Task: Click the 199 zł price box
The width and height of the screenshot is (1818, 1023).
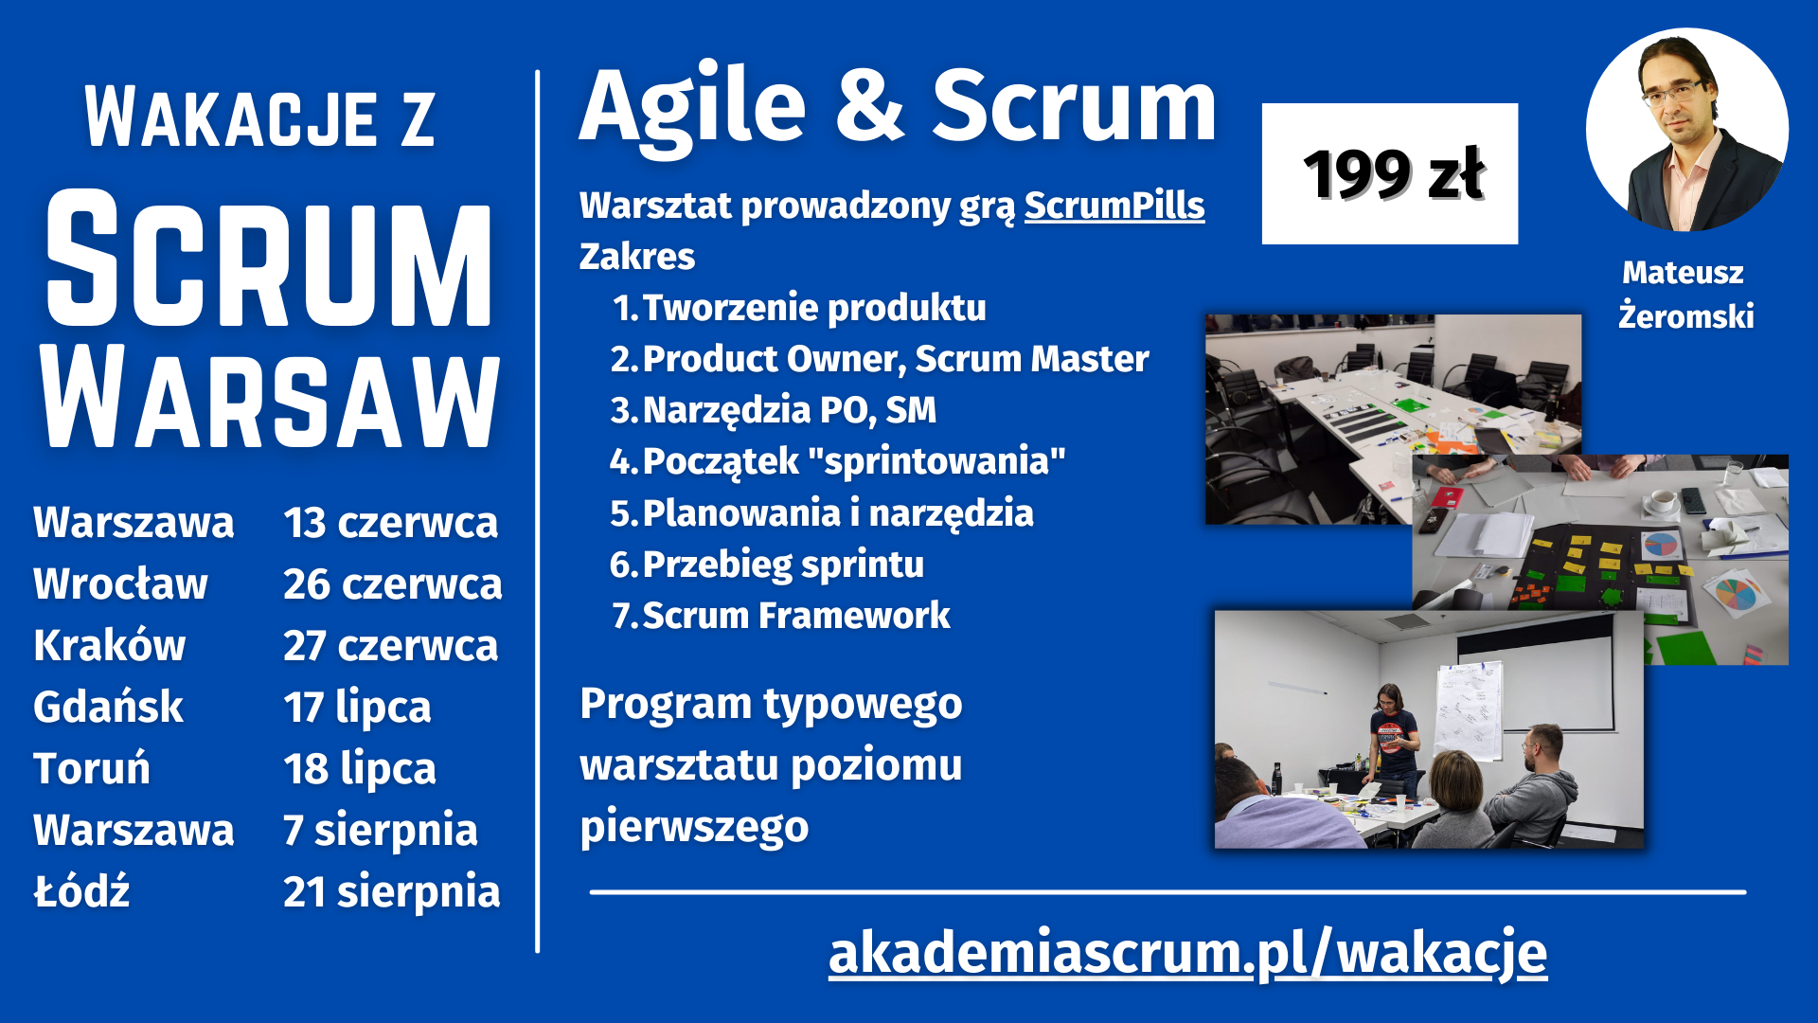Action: [x=1389, y=173]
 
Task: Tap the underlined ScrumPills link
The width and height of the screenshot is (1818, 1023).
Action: [x=1114, y=206]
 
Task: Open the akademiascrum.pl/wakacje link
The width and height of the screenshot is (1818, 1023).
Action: [x=1187, y=952]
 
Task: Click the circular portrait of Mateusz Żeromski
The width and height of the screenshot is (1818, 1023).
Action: [x=1686, y=130]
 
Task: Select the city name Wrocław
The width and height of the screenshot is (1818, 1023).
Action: [x=120, y=583]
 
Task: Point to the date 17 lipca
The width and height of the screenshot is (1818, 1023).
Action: [x=357, y=708]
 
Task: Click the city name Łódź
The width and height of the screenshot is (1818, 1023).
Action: [x=81, y=890]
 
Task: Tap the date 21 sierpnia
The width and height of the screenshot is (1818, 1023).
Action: [x=391, y=892]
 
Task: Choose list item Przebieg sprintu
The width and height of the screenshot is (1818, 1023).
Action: [x=783, y=565]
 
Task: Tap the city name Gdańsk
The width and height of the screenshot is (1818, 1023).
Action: [x=108, y=707]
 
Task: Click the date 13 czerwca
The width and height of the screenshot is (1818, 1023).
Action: [x=390, y=523]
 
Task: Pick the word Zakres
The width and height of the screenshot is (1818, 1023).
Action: [x=637, y=257]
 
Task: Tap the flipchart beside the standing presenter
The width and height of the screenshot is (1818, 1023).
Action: [x=1468, y=710]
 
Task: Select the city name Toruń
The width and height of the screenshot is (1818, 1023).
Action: [x=92, y=768]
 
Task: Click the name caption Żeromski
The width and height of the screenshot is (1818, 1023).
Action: [x=1685, y=315]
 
